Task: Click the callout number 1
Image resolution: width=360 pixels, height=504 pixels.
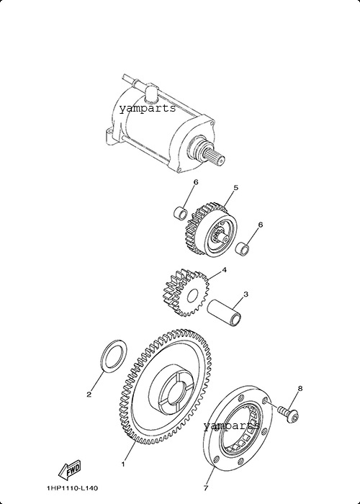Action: coord(123,464)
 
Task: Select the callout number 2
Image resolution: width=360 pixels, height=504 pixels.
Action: coord(89,395)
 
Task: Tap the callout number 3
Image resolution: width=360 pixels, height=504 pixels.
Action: coord(246,294)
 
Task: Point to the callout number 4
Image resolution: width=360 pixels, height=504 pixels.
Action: coord(224,270)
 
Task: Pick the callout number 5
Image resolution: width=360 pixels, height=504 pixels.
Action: coord(235,188)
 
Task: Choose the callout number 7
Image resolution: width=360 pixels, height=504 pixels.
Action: coord(206,488)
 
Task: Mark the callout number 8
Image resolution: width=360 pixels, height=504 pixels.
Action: coord(300,389)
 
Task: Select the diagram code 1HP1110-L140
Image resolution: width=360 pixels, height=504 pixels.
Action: coord(72,488)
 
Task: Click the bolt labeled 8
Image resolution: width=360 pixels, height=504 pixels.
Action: coord(289,414)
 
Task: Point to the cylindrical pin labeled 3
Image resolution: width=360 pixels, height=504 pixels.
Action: coord(225,312)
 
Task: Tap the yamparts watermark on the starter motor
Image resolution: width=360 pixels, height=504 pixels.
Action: coord(148,109)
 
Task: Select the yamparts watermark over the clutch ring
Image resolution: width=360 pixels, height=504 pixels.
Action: coord(231,426)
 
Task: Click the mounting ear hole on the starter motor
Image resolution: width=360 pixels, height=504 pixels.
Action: coord(108,132)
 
